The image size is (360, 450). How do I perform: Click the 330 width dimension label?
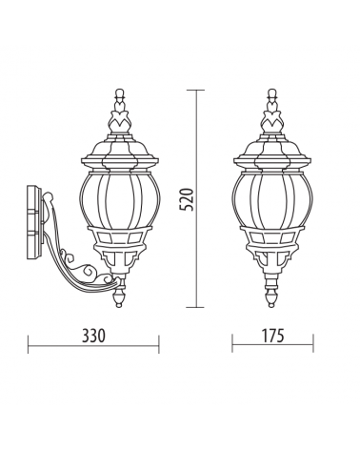point(93,336)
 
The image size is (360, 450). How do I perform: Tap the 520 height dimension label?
point(186,199)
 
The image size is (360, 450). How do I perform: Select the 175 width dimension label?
point(272,336)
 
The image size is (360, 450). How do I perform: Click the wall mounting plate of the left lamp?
point(34,219)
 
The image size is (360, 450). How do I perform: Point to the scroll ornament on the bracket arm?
point(79,264)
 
